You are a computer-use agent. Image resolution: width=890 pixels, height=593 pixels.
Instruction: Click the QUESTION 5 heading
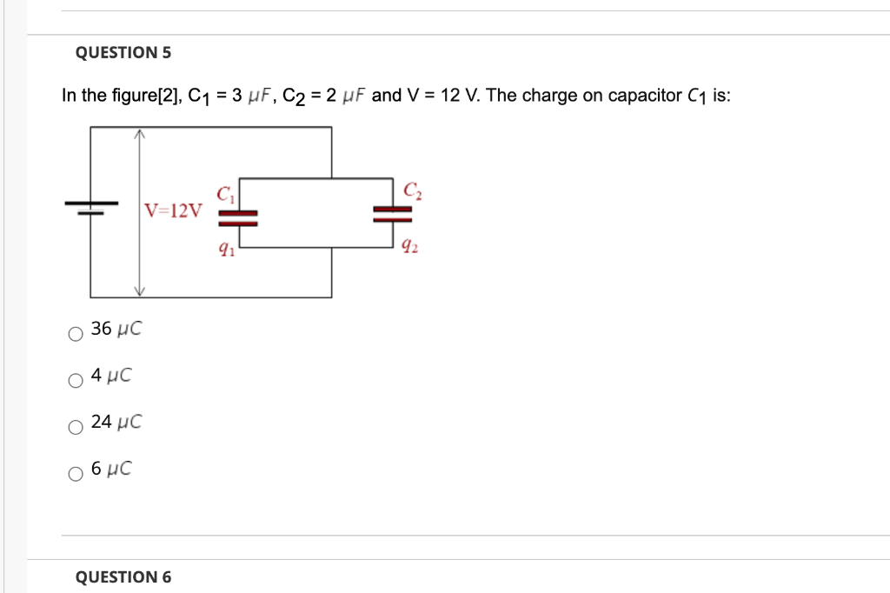(123, 53)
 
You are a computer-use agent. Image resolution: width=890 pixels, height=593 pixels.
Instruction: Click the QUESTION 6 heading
(123, 577)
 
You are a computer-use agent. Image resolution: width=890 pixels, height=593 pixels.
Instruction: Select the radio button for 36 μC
(76, 333)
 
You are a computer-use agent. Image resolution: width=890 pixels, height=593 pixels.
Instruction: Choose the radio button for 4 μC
(76, 380)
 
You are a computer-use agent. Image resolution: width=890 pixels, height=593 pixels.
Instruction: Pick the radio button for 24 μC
(76, 427)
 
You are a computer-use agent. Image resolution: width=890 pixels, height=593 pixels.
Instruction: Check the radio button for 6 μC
(76, 474)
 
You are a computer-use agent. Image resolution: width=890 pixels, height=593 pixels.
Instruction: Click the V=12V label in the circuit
(173, 210)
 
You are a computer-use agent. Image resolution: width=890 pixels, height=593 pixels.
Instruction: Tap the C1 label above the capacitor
(225, 194)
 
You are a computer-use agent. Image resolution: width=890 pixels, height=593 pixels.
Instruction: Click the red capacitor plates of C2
(393, 214)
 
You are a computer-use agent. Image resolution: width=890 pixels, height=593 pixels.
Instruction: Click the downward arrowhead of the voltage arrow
(137, 291)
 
